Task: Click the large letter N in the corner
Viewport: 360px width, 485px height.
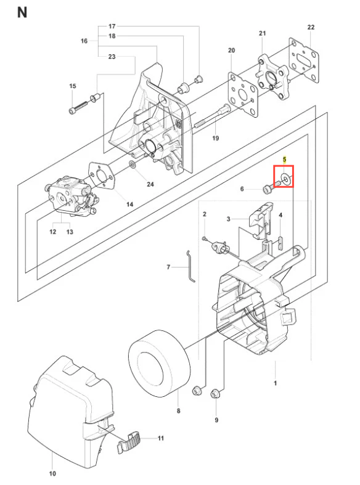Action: coord(22,13)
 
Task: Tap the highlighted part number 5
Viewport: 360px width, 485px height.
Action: coord(285,160)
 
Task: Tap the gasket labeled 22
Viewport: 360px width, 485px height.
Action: coord(304,60)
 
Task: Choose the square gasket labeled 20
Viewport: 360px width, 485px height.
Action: coord(243,94)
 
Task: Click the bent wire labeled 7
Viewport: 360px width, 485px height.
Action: coord(191,266)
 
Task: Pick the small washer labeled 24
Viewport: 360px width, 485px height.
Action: coord(132,164)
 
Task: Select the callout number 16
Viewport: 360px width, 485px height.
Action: coord(84,41)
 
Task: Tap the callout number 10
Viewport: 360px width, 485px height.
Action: coord(52,473)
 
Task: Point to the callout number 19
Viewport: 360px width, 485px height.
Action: coord(216,138)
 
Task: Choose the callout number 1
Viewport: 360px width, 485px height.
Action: coord(276,383)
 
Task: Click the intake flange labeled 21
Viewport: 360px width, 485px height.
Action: coord(274,77)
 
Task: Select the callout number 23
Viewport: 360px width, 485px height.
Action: coord(112,57)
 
